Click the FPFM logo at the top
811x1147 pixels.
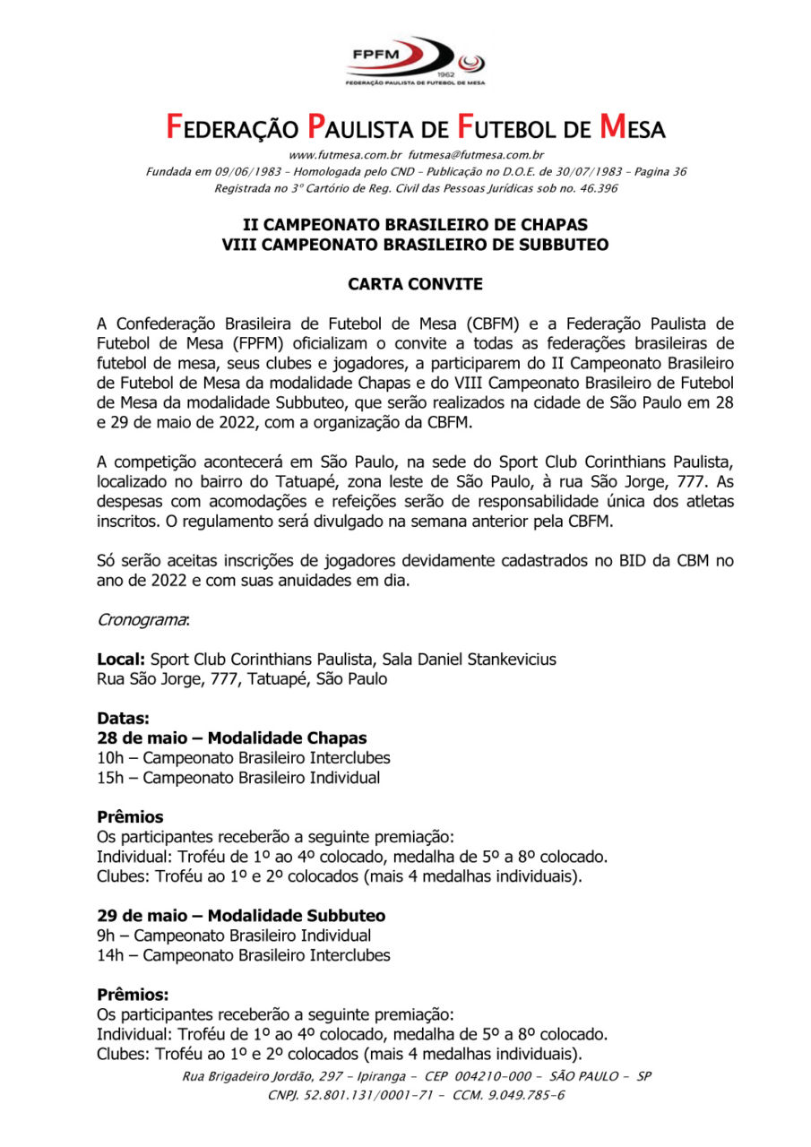(x=415, y=60)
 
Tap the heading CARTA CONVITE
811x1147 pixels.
(x=415, y=284)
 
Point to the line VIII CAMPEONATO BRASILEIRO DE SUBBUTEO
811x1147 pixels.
(x=415, y=244)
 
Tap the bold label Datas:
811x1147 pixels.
(x=123, y=719)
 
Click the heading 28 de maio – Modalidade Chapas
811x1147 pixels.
(x=231, y=738)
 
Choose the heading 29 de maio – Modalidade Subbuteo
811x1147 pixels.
(x=241, y=916)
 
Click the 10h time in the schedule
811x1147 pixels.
(x=109, y=758)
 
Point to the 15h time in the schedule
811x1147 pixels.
(x=109, y=778)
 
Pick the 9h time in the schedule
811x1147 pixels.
(x=105, y=936)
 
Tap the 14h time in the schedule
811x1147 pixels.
(x=109, y=955)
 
